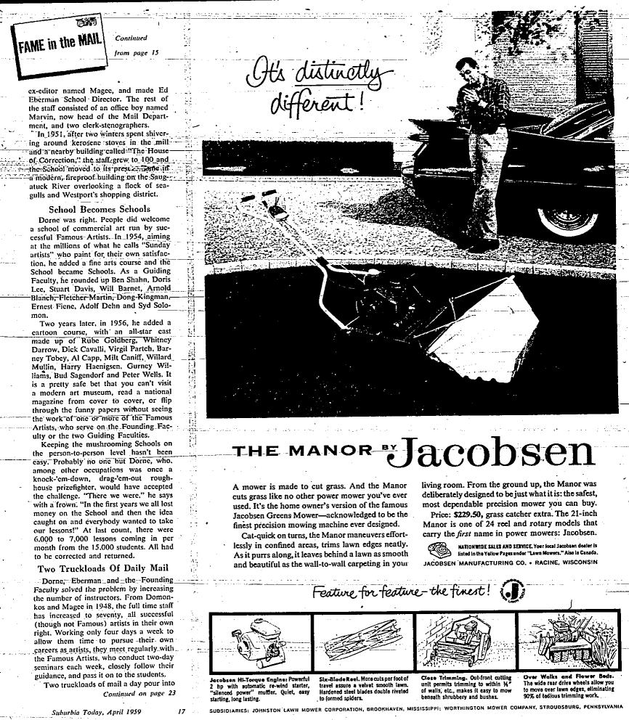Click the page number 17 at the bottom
point(182,712)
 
